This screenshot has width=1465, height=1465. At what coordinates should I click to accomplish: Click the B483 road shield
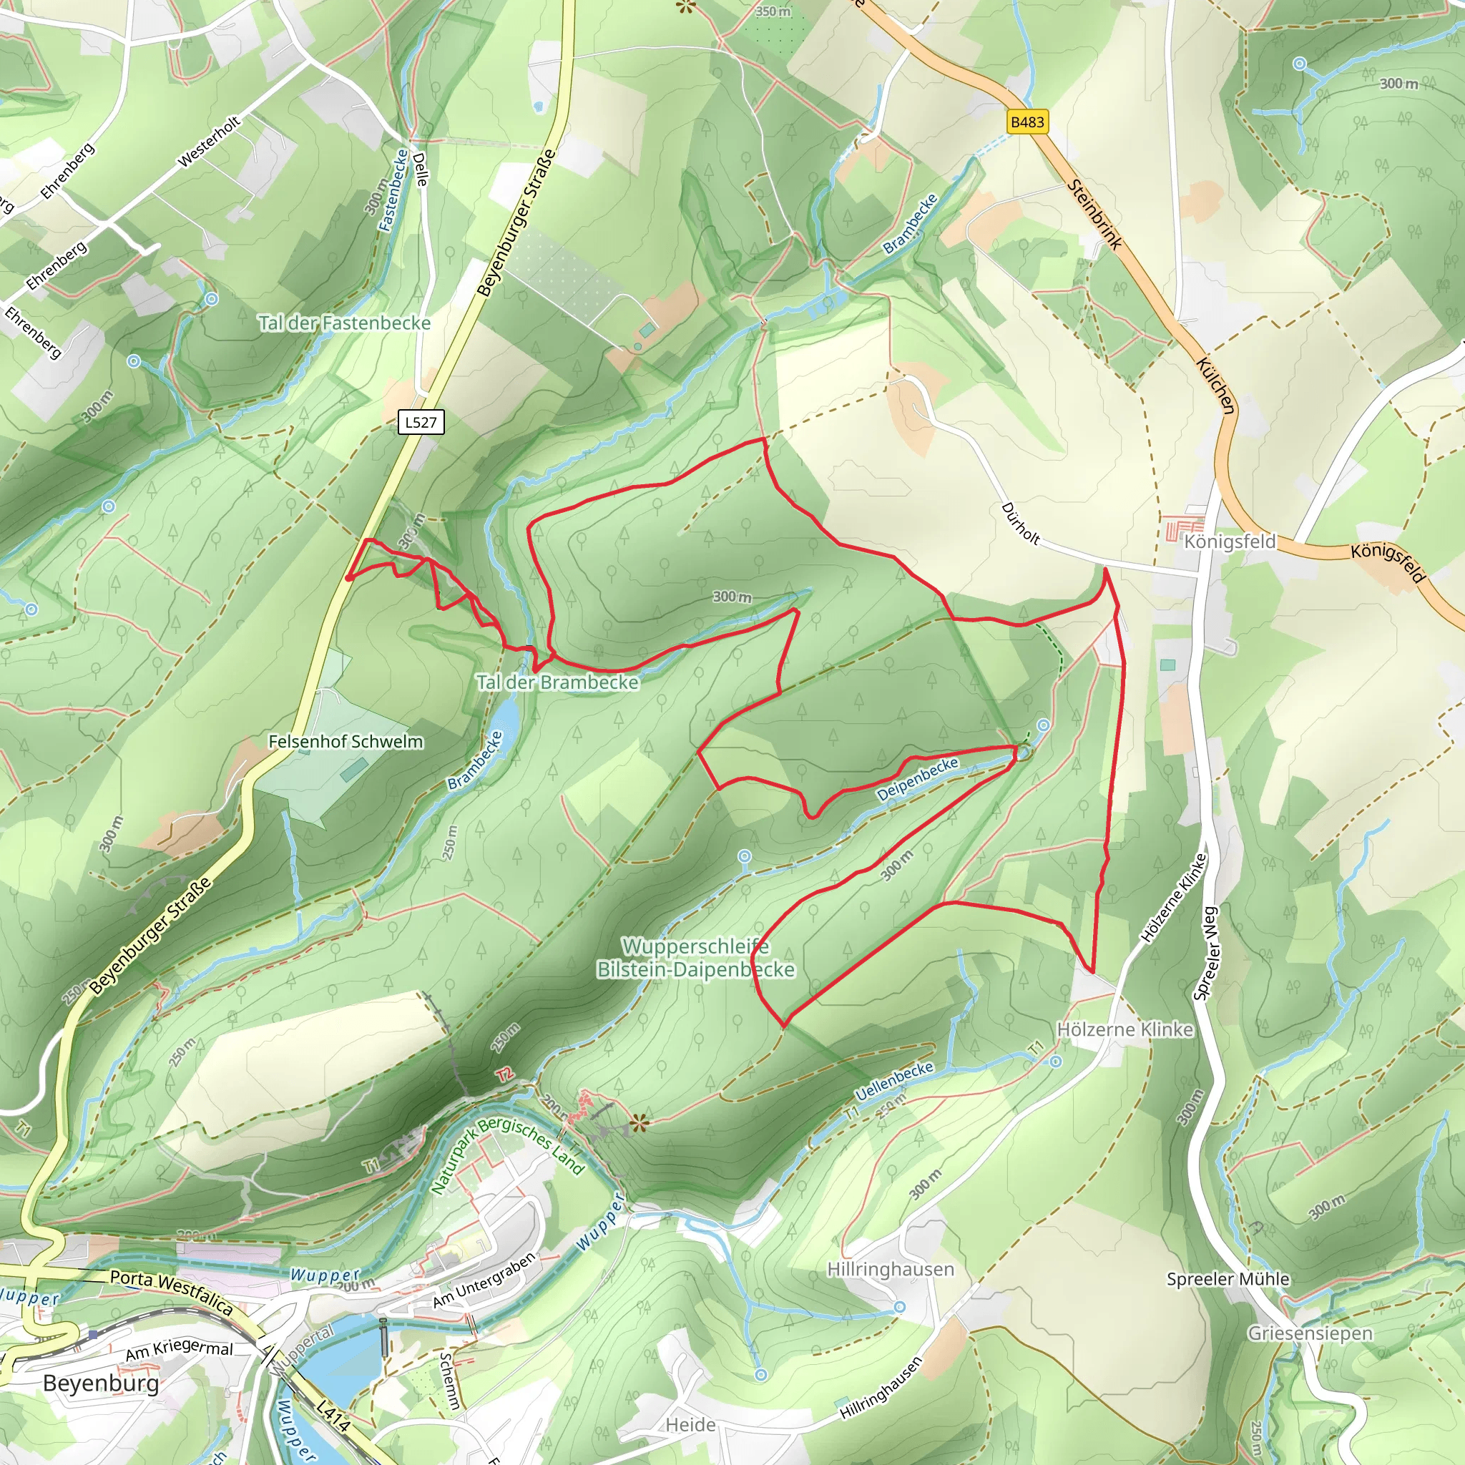click(x=1027, y=122)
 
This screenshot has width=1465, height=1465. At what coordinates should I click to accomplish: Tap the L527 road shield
click(x=421, y=422)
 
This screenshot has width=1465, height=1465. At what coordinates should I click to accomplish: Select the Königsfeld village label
click(x=1230, y=542)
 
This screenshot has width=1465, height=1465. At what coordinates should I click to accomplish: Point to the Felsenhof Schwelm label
click(x=346, y=741)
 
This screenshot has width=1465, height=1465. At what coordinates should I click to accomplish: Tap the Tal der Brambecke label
click(x=557, y=682)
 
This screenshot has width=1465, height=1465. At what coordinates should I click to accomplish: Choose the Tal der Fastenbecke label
click(x=344, y=323)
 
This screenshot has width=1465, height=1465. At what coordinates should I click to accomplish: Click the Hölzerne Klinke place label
click(x=1125, y=1029)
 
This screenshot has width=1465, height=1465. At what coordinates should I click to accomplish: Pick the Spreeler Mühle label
click(x=1228, y=1278)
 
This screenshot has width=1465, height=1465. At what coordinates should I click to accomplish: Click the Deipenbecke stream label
click(x=918, y=780)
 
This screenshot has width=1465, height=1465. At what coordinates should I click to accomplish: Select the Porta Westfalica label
click(x=172, y=1292)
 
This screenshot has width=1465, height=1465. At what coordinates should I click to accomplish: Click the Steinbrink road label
click(x=1094, y=214)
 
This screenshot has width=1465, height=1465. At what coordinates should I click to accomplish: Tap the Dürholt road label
click(x=1021, y=522)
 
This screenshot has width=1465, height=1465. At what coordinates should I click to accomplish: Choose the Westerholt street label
click(x=209, y=142)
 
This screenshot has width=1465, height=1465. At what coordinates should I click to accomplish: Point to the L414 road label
click(x=333, y=1416)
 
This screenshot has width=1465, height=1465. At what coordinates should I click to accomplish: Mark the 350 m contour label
click(x=773, y=11)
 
